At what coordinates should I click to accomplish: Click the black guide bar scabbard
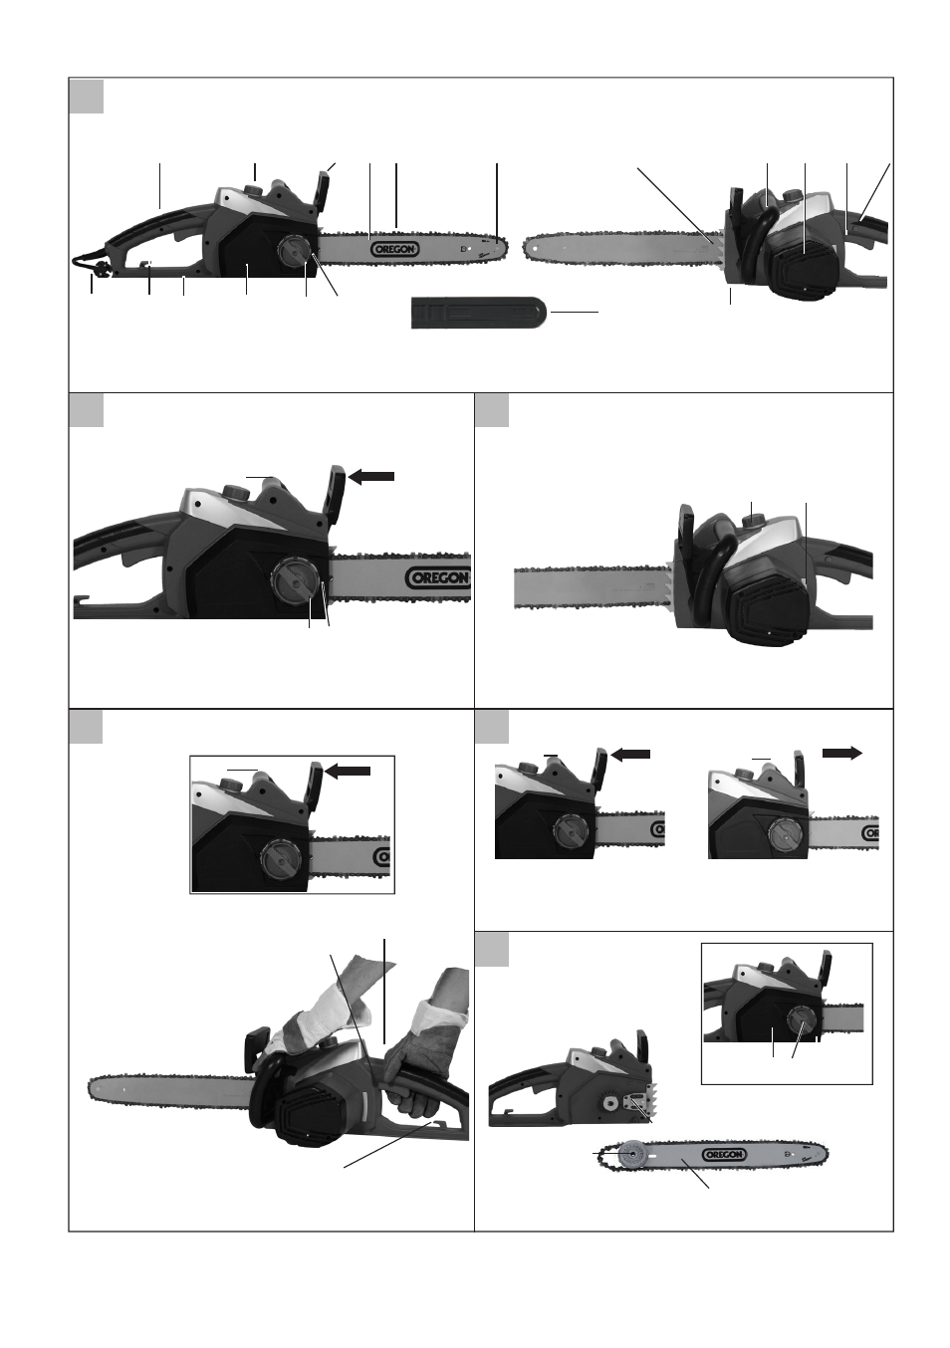pos(479,313)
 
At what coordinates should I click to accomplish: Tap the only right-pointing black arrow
pos(842,754)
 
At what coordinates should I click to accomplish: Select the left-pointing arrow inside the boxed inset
pos(348,771)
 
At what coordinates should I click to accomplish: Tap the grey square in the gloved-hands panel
pos(86,727)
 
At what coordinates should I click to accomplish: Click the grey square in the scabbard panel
pos(86,96)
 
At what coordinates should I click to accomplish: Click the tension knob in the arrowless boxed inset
pos(802,1020)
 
